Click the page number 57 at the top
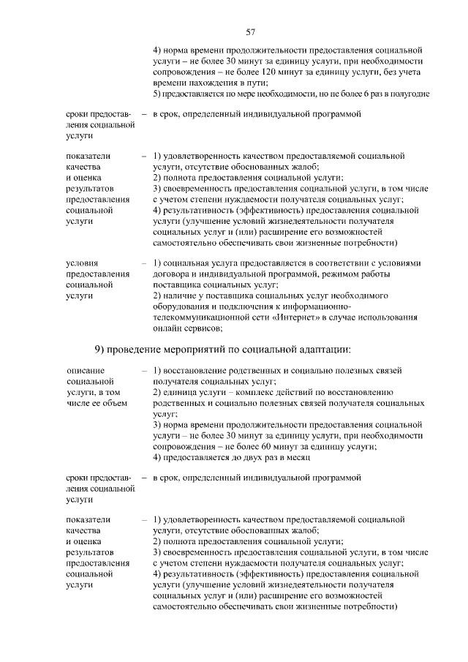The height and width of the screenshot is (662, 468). pos(250,31)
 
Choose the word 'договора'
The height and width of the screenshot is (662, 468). pos(172,274)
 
